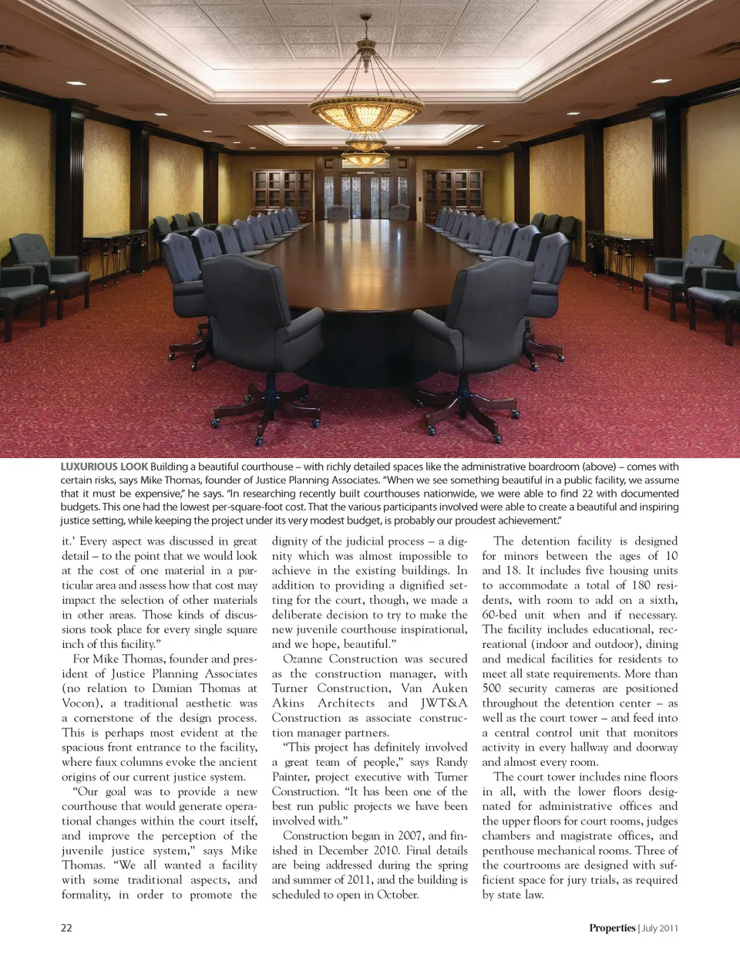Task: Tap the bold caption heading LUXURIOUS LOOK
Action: point(104,467)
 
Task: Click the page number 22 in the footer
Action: point(66,928)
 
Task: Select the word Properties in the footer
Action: point(612,928)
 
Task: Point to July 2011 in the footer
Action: point(660,928)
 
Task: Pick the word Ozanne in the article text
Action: point(303,659)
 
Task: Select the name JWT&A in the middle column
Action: point(444,703)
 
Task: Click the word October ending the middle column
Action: point(397,895)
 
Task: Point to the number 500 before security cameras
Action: point(492,688)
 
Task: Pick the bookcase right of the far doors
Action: point(453,191)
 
